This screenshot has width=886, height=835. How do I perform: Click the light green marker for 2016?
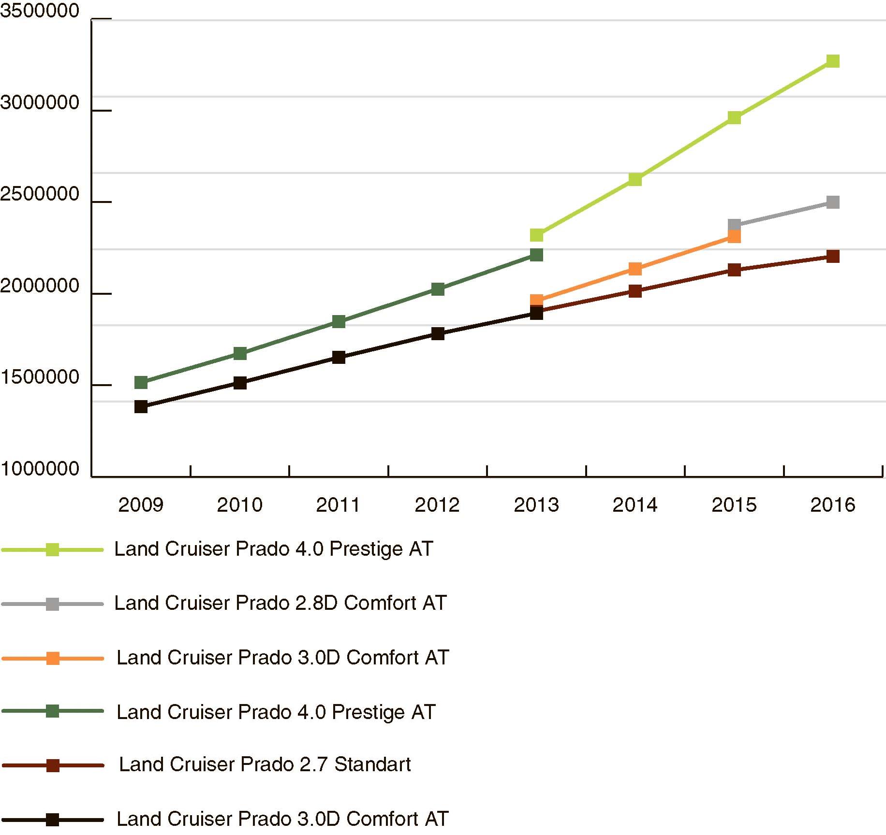pyautogui.click(x=832, y=61)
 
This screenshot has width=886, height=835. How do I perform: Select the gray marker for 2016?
pyautogui.click(x=832, y=202)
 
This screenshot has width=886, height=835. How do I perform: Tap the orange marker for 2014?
pyautogui.click(x=635, y=269)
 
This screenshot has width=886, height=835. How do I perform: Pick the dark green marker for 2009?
pyautogui.click(x=141, y=383)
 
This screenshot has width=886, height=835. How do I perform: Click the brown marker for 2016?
pyautogui.click(x=832, y=256)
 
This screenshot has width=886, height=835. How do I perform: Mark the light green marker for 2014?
pyautogui.click(x=635, y=180)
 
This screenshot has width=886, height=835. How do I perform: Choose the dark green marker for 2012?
pyautogui.click(x=438, y=289)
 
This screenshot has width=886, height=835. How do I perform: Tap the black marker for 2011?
pyautogui.click(x=339, y=358)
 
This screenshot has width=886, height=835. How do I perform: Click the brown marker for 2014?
pyautogui.click(x=635, y=291)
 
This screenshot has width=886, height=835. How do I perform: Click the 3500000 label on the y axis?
pyautogui.click(x=40, y=11)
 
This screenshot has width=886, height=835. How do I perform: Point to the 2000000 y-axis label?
pyautogui.click(x=40, y=286)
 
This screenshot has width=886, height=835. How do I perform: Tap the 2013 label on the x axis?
pyautogui.click(x=536, y=505)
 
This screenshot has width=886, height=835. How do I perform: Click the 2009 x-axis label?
pyautogui.click(x=141, y=505)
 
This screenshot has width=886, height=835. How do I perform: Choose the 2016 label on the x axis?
pyautogui.click(x=832, y=505)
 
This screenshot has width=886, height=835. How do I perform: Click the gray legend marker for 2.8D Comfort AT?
pyautogui.click(x=52, y=604)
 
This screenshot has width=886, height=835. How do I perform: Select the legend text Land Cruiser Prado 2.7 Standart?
pyautogui.click(x=265, y=764)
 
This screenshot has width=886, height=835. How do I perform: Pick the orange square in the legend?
pyautogui.click(x=52, y=658)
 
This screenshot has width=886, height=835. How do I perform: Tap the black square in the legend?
pyautogui.click(x=52, y=820)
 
